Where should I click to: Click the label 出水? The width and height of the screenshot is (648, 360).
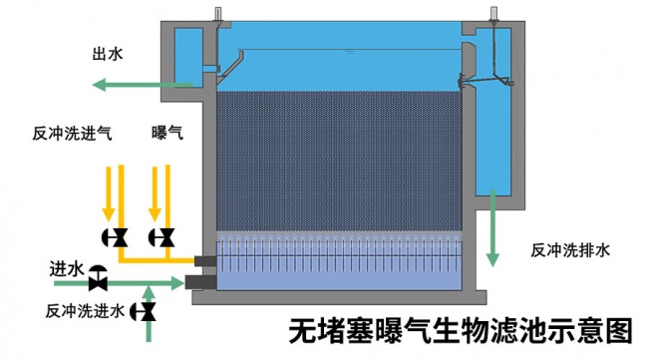coord(108,54)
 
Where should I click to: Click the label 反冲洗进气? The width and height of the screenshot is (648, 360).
coord(73,134)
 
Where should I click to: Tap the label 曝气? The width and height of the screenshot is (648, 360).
coord(166,133)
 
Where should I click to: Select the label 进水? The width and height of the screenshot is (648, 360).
coord(67,269)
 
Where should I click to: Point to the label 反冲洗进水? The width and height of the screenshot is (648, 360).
coord(85,311)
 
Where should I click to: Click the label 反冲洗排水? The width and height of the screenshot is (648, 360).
coord(570,250)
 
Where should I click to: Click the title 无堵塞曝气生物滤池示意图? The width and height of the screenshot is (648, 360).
coord(461,331)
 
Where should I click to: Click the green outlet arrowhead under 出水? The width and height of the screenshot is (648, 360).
coord(100,85)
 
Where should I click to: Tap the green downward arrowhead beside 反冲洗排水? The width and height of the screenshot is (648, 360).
coord(492,259)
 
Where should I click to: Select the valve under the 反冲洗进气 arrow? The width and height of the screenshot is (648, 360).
coord(115,237)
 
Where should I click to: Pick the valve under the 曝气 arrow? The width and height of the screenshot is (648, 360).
coord(162,237)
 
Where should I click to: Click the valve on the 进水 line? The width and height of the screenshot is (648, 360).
coord(98,278)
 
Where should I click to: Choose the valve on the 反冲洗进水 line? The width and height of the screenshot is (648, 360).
coord(143,311)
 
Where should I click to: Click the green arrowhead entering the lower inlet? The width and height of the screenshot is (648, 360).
coord(177,283)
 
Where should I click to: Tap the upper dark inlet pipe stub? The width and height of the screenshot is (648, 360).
coord(204,261)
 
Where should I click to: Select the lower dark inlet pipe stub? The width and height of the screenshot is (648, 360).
coord(200,282)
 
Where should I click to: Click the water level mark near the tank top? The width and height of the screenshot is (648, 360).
coord(350,52)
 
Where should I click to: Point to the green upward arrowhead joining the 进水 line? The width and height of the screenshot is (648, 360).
coord(150,292)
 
